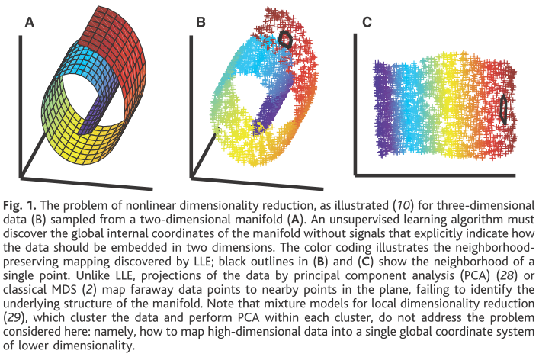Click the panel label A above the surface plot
tap(30, 23)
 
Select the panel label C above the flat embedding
tap(367, 23)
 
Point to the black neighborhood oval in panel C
tap(503, 110)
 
